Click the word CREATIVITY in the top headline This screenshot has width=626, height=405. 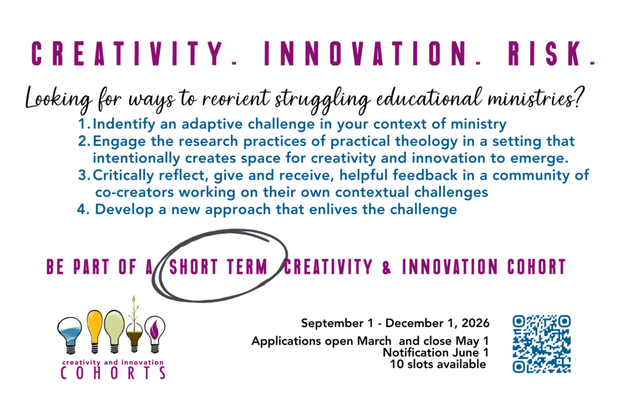(x=128, y=53)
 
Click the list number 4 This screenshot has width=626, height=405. (x=83, y=210)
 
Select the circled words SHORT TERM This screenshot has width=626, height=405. (x=218, y=266)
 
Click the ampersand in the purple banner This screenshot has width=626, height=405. (x=386, y=267)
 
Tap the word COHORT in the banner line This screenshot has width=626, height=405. (x=537, y=267)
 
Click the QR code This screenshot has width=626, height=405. (x=542, y=344)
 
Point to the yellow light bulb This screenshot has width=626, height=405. (x=95, y=331)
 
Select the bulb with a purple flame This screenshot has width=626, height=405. (x=155, y=334)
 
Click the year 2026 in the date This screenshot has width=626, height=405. (x=476, y=323)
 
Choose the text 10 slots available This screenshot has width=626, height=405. (x=438, y=364)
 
